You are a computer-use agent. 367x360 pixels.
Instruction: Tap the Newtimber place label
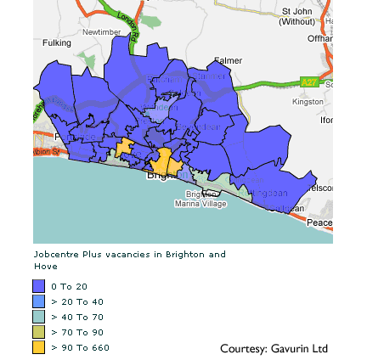pos(96,32)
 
